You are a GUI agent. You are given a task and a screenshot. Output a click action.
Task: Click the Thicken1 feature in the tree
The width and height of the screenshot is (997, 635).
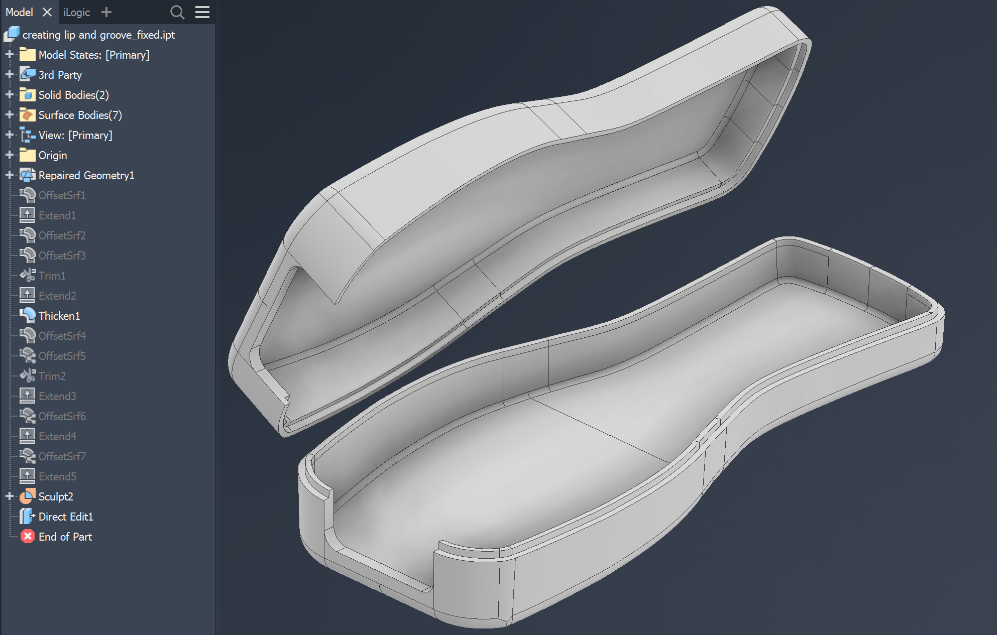59,316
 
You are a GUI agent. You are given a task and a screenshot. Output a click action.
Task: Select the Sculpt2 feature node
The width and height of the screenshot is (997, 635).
55,496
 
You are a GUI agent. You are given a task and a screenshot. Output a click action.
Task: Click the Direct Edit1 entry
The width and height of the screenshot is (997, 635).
65,517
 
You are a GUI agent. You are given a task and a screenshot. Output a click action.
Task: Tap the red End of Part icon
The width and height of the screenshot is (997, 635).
28,537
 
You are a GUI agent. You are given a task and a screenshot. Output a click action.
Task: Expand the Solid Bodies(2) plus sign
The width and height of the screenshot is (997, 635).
9,94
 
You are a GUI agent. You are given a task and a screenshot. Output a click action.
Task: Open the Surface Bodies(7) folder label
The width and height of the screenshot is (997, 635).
80,115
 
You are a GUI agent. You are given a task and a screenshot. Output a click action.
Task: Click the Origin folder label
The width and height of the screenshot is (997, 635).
52,155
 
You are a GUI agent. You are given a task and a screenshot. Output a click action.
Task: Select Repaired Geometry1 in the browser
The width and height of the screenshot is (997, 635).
86,175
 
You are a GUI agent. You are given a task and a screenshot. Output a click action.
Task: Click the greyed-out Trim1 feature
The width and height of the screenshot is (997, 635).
52,276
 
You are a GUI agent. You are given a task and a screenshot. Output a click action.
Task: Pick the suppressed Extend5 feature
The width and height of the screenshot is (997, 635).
57,476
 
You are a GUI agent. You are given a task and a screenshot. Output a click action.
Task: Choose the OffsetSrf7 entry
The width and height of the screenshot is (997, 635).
62,456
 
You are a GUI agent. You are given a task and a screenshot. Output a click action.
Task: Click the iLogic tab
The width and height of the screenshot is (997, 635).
76,12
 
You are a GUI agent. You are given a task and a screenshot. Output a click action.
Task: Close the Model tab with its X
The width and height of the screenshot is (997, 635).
47,12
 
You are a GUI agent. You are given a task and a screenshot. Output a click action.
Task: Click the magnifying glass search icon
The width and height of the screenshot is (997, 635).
177,12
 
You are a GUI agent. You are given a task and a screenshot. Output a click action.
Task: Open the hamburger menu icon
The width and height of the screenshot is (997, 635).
202,12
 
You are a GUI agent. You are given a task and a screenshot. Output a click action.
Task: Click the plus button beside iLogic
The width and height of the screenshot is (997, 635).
106,12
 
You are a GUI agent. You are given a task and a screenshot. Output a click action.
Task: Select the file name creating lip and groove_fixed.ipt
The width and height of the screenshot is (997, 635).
98,35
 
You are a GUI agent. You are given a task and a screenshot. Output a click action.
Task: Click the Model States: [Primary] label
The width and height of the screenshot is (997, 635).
94,55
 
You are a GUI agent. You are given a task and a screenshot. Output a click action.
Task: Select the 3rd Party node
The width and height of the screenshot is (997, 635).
60,75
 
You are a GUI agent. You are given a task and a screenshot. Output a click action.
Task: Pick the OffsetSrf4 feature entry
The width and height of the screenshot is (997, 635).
62,336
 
